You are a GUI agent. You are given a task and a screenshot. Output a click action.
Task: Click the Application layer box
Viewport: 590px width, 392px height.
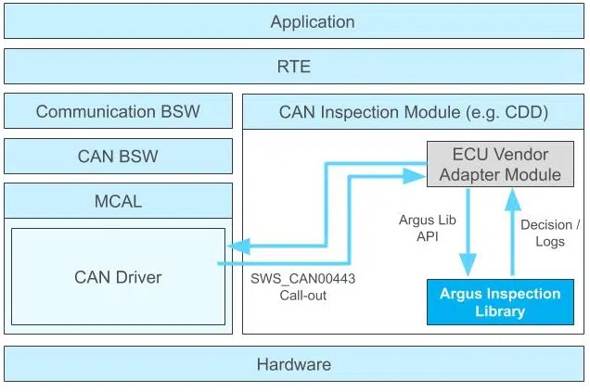click(295, 21)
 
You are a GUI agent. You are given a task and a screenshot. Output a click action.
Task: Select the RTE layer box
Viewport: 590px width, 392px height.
click(295, 67)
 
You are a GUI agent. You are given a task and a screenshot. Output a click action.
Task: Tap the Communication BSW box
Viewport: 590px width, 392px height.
click(118, 112)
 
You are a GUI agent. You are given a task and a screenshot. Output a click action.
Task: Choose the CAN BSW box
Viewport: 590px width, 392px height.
click(118, 157)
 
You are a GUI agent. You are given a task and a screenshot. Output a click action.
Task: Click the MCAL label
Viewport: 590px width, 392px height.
click(118, 201)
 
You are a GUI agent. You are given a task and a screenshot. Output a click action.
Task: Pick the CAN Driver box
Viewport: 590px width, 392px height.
click(118, 276)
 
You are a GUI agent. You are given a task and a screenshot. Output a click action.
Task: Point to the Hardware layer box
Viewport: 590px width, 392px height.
click(295, 364)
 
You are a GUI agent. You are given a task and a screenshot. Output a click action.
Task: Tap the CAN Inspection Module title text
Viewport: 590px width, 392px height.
click(414, 113)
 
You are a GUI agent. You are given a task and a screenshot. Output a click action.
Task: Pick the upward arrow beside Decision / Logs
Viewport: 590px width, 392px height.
click(509, 232)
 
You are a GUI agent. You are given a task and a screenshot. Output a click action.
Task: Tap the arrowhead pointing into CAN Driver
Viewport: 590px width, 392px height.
click(237, 246)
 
